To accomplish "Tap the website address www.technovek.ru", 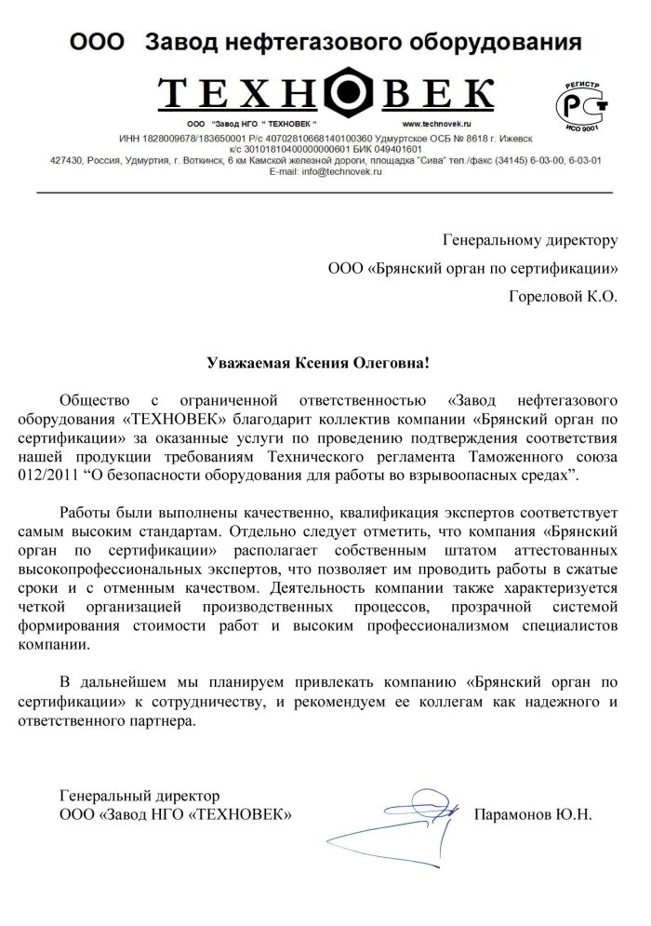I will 437,124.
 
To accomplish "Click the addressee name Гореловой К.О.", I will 564,298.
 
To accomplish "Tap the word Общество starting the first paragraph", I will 93,401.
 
